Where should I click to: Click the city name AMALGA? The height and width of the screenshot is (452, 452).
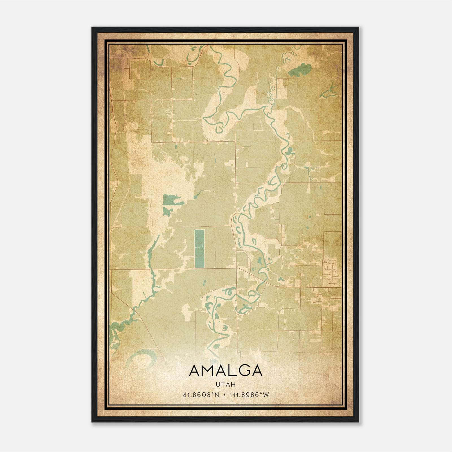tap(226, 371)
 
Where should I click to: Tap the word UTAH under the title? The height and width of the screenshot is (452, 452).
tap(226, 384)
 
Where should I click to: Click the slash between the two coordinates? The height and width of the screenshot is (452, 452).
tap(225, 395)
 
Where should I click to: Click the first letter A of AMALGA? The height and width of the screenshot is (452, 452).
tap(195, 371)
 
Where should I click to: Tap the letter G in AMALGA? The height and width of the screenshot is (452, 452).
tap(243, 371)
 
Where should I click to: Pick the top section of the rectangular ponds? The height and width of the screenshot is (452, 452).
tap(199, 236)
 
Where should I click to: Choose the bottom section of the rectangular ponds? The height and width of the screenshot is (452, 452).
tap(199, 262)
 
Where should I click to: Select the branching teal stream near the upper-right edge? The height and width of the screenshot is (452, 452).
tap(331, 90)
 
